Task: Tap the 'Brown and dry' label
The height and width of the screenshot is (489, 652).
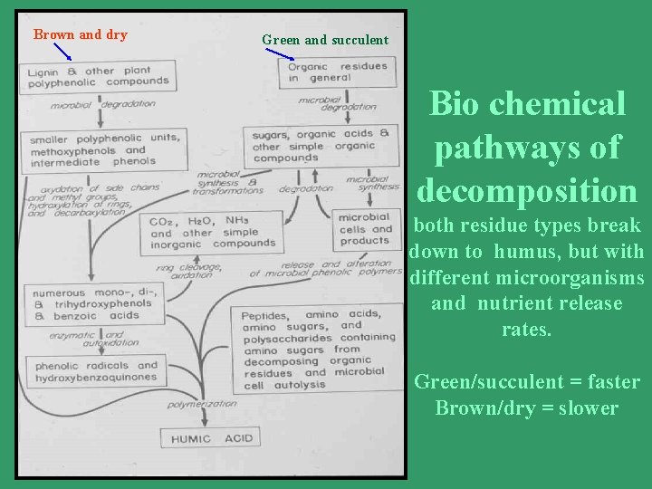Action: coord(80,35)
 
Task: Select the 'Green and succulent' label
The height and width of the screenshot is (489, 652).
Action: coord(324,40)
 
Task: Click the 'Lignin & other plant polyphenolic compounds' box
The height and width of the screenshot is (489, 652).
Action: coord(101,75)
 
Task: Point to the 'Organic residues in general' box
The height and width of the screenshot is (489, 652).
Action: coord(337,72)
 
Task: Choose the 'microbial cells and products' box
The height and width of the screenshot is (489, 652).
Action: coord(365,229)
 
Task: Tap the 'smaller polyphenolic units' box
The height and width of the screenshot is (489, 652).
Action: coord(101,149)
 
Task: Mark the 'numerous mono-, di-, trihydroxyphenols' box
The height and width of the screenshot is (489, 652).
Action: coord(90,304)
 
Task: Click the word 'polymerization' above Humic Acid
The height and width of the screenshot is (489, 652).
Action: coord(202,404)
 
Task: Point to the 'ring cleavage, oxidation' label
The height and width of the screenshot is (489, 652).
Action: coord(188,270)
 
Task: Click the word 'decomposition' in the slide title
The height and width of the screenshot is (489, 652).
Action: coord(527,191)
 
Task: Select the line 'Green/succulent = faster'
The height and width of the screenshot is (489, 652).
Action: coord(526,382)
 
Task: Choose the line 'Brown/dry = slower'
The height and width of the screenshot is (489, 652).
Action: coord(526,407)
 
